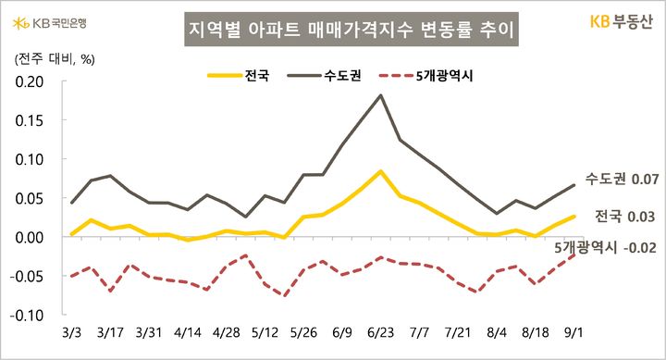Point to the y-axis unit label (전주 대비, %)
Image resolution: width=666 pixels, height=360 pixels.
[x=52, y=59]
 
